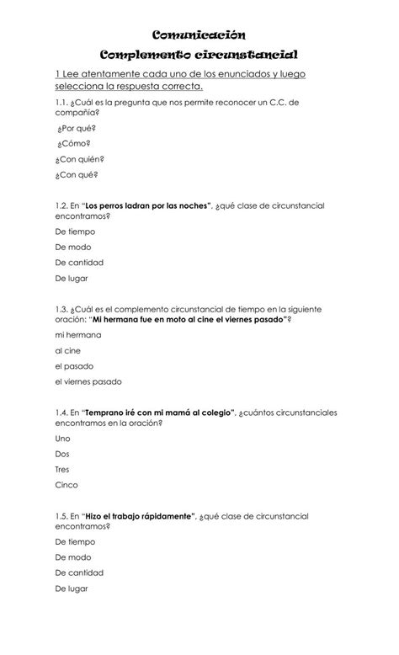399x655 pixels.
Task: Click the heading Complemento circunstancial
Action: pos(199,55)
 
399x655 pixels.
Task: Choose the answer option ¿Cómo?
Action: pos(73,144)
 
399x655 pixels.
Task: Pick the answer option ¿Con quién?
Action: pos(80,159)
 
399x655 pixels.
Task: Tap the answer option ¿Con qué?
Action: pos(77,175)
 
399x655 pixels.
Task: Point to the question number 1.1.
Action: pos(64,102)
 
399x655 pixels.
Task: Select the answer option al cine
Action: pos(68,350)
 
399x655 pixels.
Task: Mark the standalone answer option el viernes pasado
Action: pos(88,381)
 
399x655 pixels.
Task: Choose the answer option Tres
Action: pos(62,469)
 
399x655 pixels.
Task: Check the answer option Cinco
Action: pos(66,485)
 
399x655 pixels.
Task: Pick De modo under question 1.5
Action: pos(73,556)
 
